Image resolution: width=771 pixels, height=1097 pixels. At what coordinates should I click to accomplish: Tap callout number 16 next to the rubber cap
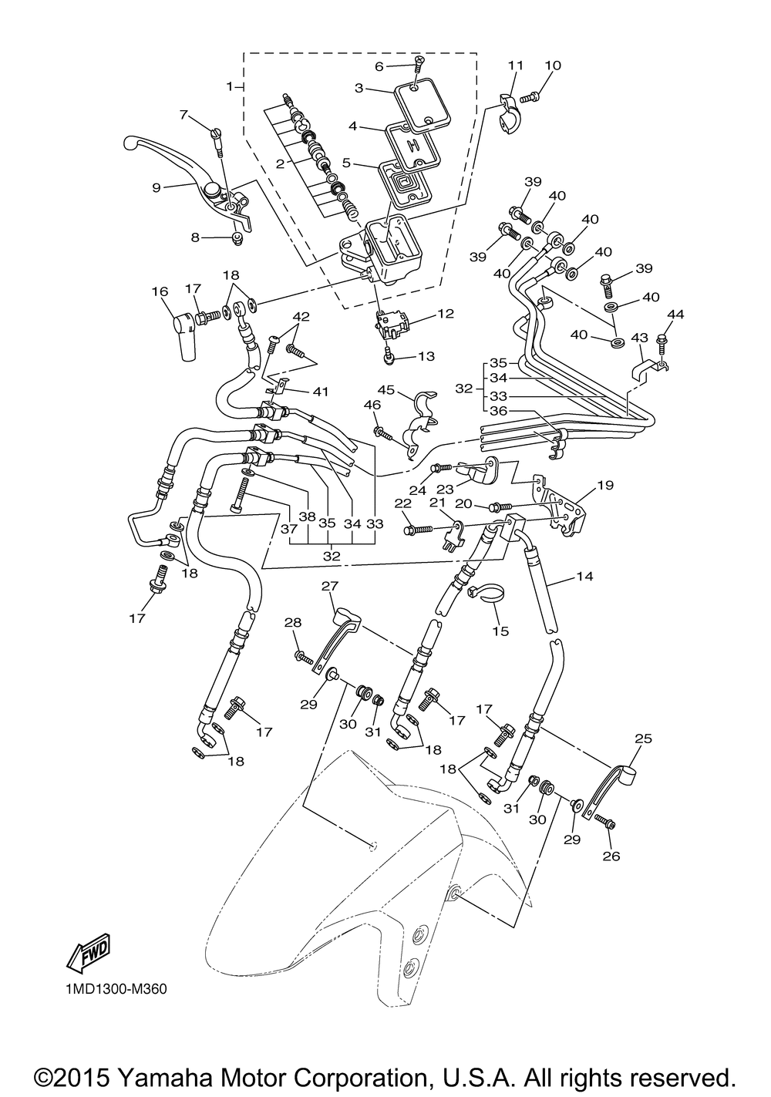(160, 292)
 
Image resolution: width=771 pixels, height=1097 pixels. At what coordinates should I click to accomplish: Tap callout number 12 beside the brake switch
(446, 314)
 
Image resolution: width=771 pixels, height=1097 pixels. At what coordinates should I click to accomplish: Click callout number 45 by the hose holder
(386, 389)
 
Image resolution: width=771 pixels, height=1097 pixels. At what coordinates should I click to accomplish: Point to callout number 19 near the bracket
(605, 486)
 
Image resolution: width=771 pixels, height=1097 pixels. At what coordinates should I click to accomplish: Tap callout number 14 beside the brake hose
(585, 577)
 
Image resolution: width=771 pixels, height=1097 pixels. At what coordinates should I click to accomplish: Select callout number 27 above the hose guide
(331, 586)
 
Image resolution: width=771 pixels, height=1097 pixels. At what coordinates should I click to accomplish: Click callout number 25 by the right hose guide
(644, 739)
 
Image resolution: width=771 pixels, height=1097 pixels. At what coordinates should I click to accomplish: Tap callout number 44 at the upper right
(675, 314)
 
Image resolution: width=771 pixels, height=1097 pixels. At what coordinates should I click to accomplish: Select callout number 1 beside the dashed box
(230, 86)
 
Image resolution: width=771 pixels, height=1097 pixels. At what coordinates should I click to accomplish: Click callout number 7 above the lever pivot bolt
(184, 115)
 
